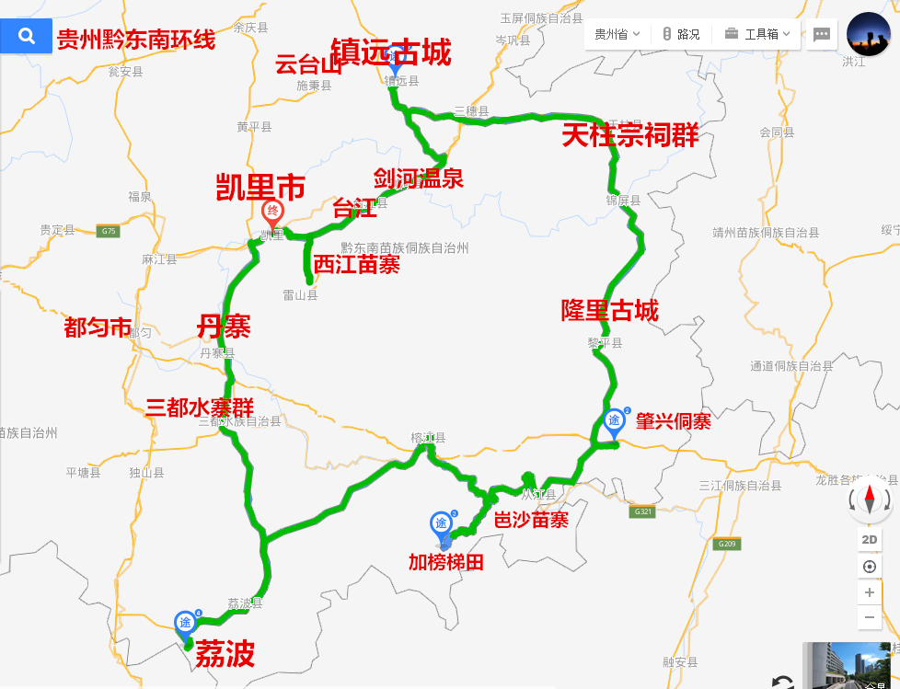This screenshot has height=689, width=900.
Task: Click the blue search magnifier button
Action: tap(27, 37)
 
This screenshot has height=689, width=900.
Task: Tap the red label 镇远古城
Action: tap(391, 53)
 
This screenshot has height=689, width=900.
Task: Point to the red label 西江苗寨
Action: tap(356, 265)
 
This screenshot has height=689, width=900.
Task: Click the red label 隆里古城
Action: tap(610, 310)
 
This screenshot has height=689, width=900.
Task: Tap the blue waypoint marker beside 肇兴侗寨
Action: tap(615, 421)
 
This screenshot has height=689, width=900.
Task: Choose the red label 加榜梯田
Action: tap(446, 561)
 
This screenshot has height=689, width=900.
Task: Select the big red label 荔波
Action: tap(225, 654)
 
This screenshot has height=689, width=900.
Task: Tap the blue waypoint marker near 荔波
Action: tap(185, 624)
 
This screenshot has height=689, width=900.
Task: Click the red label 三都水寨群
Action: tap(200, 407)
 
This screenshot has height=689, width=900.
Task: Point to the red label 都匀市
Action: tap(98, 327)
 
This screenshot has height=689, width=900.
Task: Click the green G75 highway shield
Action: tap(108, 231)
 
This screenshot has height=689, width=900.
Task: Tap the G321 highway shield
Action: tap(642, 511)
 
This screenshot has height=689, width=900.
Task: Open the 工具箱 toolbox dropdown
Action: tap(756, 34)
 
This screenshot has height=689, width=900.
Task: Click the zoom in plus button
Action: tap(870, 592)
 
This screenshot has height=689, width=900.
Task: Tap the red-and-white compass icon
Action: tap(870, 500)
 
